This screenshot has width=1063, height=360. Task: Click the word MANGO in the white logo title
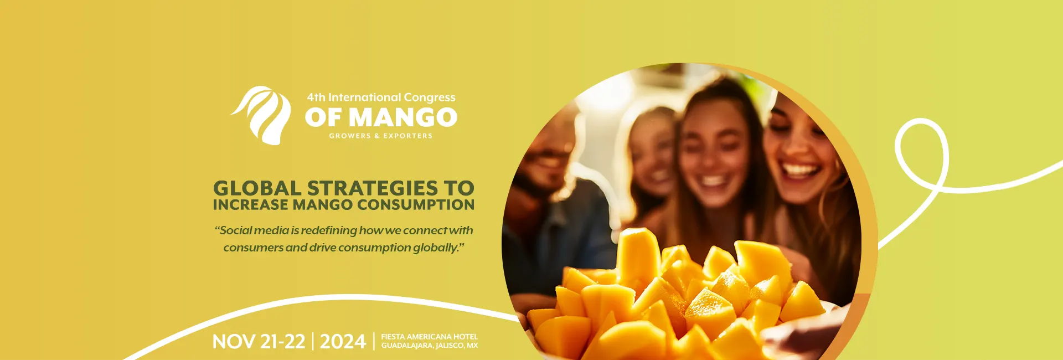(x=403, y=117)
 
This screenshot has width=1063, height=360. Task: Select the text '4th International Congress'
(x=381, y=97)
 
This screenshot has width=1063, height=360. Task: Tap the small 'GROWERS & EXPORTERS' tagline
(x=381, y=136)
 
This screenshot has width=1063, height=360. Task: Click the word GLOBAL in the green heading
(x=257, y=188)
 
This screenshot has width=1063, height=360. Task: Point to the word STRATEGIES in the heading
(x=373, y=188)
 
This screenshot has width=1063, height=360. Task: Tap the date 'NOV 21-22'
(x=259, y=342)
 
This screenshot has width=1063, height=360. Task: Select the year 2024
(x=343, y=342)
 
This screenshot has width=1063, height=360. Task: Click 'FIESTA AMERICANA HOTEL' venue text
(x=429, y=337)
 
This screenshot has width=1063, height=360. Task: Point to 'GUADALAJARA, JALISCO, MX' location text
(x=429, y=346)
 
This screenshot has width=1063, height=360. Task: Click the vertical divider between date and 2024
(x=313, y=342)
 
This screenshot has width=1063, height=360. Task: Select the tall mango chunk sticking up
(x=638, y=258)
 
